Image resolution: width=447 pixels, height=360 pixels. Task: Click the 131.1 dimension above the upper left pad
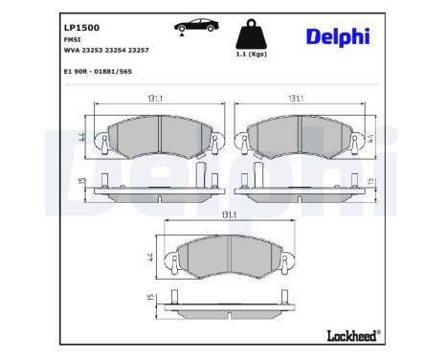click(140, 98)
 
